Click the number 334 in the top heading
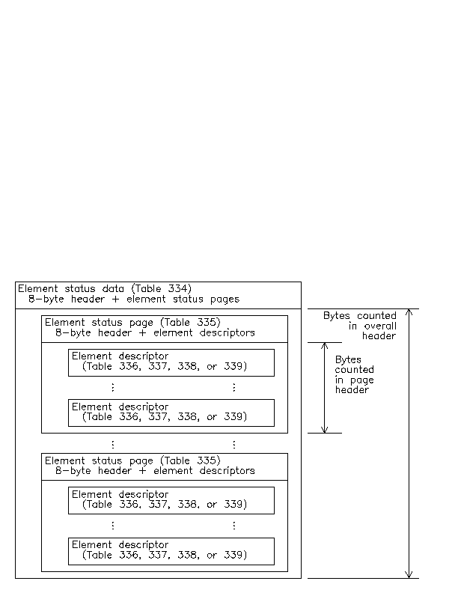(x=177, y=288)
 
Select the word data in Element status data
(x=113, y=288)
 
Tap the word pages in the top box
(x=225, y=299)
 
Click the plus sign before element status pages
(x=115, y=299)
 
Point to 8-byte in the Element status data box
(x=46, y=299)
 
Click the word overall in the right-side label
(x=380, y=326)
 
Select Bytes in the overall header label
(x=337, y=316)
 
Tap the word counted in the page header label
(x=354, y=369)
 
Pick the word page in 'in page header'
(x=362, y=380)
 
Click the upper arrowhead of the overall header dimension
(x=409, y=310)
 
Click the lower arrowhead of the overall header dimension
(x=409, y=577)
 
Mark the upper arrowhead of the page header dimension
(x=325, y=344)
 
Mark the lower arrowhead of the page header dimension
(x=325, y=432)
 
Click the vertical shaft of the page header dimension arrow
(x=325, y=388)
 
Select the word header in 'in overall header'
(x=379, y=336)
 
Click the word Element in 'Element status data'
(x=38, y=288)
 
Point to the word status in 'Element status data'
(x=80, y=288)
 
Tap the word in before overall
(x=352, y=326)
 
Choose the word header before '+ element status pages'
(x=88, y=299)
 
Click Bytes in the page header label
(x=348, y=359)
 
